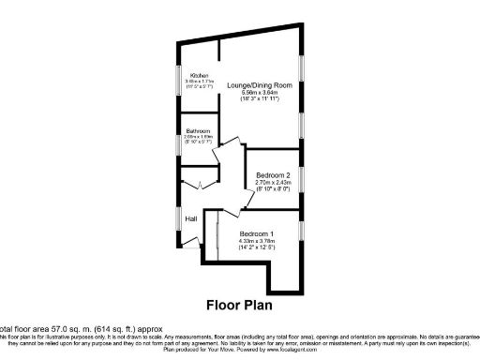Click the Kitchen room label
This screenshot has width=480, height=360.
(x=199, y=75)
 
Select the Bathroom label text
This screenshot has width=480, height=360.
(x=198, y=130)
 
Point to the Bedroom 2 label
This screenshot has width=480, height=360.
(x=274, y=175)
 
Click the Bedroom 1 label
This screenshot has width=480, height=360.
(x=256, y=233)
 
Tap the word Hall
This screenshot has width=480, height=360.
(x=190, y=219)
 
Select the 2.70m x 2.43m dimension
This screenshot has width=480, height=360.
(x=274, y=183)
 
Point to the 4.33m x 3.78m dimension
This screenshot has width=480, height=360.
(x=256, y=241)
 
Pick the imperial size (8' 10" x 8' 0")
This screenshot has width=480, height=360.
(x=274, y=190)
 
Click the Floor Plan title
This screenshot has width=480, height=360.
(x=241, y=305)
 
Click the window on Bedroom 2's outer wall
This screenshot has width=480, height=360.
(x=300, y=174)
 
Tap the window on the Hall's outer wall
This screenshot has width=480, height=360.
(x=178, y=217)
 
